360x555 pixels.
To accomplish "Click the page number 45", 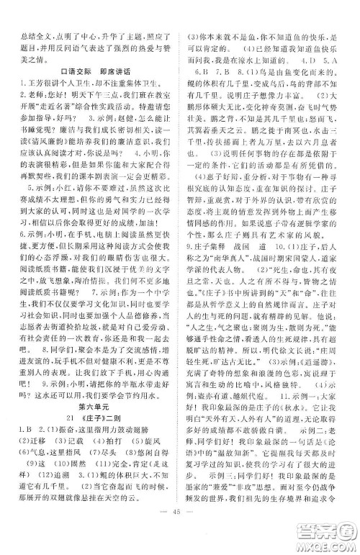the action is click(x=180, y=533).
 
